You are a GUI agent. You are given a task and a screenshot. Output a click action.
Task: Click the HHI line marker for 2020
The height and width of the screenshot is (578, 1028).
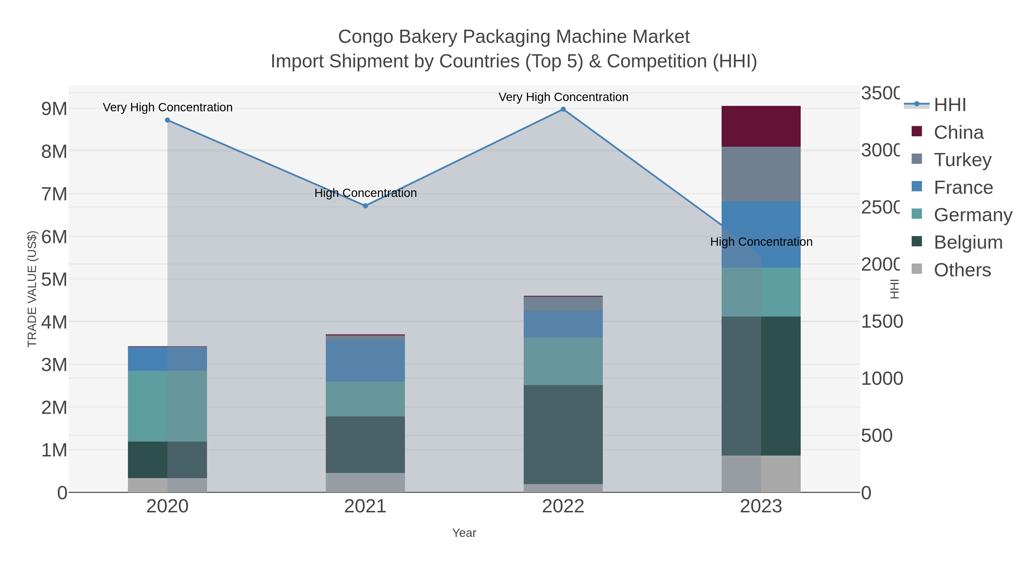click(x=168, y=120)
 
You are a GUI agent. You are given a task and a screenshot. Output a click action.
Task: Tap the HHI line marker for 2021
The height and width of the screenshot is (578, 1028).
click(x=365, y=206)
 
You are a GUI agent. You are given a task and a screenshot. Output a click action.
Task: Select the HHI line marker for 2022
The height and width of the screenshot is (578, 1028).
click(x=563, y=109)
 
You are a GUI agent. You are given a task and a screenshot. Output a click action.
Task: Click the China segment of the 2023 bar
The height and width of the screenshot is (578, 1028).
click(x=761, y=126)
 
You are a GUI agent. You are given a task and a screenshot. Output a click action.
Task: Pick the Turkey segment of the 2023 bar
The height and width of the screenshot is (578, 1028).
click(x=761, y=174)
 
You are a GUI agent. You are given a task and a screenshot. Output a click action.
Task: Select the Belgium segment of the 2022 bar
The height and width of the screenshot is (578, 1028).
click(x=563, y=434)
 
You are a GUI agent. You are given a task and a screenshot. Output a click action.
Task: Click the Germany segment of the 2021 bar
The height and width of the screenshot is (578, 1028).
click(x=365, y=399)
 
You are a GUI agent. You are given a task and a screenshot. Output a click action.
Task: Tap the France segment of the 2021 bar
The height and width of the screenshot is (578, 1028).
click(x=365, y=361)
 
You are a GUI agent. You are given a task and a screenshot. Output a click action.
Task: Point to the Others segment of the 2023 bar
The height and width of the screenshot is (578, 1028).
click(x=761, y=474)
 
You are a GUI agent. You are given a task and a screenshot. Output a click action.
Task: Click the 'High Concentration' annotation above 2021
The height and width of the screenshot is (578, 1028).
click(x=366, y=193)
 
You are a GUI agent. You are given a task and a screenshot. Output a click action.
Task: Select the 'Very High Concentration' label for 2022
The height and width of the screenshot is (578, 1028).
click(x=563, y=97)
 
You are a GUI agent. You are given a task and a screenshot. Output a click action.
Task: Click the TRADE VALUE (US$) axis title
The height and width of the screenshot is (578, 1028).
click(x=32, y=289)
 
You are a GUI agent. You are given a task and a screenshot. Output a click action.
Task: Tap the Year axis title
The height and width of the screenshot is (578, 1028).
click(x=464, y=533)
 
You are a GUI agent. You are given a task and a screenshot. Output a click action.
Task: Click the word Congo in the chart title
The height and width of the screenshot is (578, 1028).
click(x=365, y=37)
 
